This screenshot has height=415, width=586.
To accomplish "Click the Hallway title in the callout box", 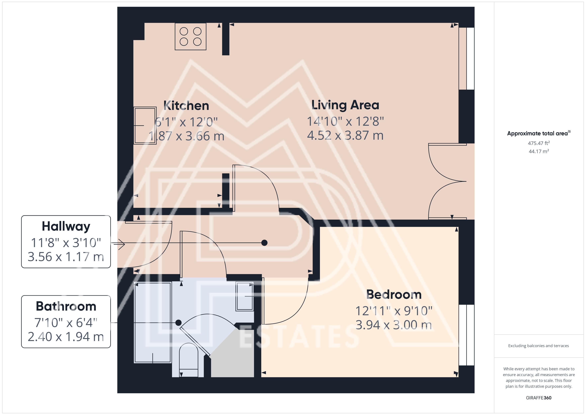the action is click(66, 226).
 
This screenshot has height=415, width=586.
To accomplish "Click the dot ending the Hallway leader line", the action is click(264, 243).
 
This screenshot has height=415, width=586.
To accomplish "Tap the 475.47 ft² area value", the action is click(539, 143).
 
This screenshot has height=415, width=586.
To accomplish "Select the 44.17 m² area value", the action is click(539, 151).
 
